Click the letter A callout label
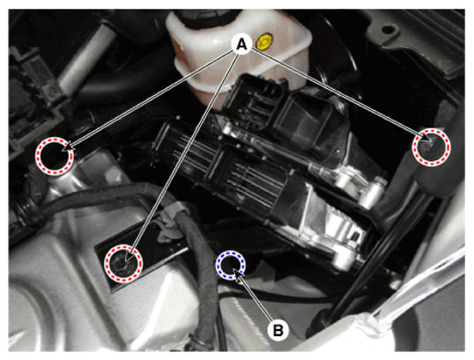[x=241, y=44]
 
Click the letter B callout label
[x=278, y=330]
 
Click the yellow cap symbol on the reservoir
[x=264, y=41]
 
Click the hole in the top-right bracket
[x=389, y=30]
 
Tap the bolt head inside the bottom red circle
[x=121, y=263]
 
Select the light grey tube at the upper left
[x=88, y=57]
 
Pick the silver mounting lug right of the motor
[x=374, y=191]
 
